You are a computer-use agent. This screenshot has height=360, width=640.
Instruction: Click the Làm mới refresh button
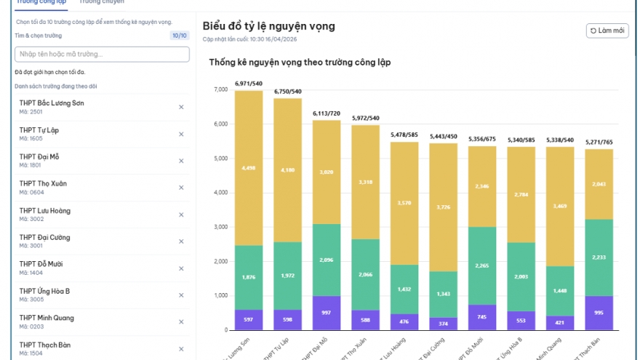[x=607, y=31]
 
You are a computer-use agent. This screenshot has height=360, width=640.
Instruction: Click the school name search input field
[x=102, y=54]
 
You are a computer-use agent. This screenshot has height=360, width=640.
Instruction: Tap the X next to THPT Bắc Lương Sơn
[x=181, y=107]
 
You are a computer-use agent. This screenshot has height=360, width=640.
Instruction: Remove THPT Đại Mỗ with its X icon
[x=181, y=161]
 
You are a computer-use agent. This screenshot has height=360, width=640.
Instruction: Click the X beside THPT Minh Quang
[x=181, y=321]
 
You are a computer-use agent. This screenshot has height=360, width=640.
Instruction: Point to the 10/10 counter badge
[x=179, y=35]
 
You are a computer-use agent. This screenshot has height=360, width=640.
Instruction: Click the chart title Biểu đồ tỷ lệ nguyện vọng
[x=268, y=26]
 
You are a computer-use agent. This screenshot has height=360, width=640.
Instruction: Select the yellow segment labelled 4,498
[x=249, y=168]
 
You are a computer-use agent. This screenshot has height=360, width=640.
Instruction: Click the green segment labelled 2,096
[x=327, y=260]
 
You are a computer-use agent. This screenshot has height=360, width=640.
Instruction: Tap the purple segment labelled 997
[x=327, y=313]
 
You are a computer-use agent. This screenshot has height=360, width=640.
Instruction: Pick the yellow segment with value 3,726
[x=444, y=207]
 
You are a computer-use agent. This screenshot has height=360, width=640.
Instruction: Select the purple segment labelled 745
[x=482, y=317]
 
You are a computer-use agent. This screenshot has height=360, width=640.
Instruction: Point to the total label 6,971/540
[x=249, y=84]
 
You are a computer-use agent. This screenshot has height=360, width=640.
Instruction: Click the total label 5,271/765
[x=599, y=142]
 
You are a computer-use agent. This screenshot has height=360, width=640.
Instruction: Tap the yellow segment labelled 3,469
[x=560, y=207]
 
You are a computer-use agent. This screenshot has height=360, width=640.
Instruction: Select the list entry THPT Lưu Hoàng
[x=45, y=215]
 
